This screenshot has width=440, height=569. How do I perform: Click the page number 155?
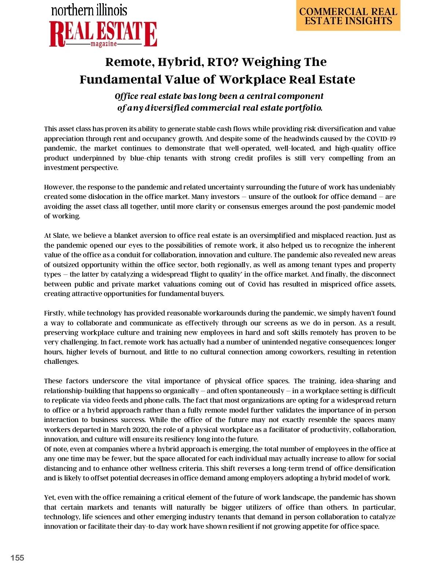tap(17, 558)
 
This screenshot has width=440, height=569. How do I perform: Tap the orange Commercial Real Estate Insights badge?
tap(348, 16)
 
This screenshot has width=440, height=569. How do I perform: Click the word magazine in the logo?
tap(104, 44)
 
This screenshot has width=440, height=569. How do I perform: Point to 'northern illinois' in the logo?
tap(89, 10)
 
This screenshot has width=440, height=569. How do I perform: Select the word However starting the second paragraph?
tap(58, 187)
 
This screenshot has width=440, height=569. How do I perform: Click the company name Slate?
tap(61, 236)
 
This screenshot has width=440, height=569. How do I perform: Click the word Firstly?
tap(55, 313)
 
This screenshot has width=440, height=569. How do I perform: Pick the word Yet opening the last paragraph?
tap(49, 498)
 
